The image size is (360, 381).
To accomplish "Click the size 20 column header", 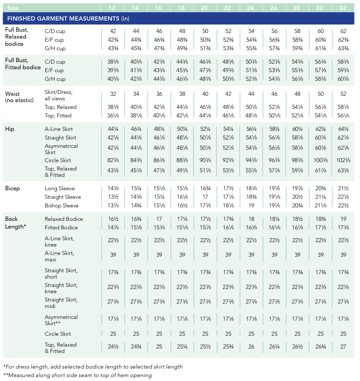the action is tap(204, 8).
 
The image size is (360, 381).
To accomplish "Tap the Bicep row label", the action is tap(12, 188).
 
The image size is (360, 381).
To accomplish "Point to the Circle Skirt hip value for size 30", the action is tap(321, 160).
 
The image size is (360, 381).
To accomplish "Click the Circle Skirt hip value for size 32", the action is tap(343, 160).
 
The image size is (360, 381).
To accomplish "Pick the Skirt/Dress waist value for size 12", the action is tap(113, 94).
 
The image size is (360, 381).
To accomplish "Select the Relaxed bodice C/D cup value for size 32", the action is tap(343, 31).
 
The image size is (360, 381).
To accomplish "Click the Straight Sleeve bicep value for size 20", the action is tap(205, 197).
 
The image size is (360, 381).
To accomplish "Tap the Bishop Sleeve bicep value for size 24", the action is tap(252, 206).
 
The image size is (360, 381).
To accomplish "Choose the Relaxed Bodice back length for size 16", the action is tap(159, 219).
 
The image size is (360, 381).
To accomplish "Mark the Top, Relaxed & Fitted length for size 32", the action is tap(343, 347).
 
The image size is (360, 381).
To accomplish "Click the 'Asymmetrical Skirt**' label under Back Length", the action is tap(61, 320).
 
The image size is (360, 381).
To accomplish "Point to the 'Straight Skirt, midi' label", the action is tap(61, 303).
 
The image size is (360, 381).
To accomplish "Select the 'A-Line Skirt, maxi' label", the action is tap(60, 256).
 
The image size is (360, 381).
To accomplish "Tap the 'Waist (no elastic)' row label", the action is tap(19, 97).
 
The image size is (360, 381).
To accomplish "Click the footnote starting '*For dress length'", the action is tap(93, 367).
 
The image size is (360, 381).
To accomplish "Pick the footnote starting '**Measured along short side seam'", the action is tap(78, 375).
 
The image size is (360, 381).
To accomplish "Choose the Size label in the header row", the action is tap(13, 8).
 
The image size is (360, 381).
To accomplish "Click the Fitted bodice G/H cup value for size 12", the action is tap(113, 79).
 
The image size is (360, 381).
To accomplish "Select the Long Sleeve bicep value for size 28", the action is tap(297, 188).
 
